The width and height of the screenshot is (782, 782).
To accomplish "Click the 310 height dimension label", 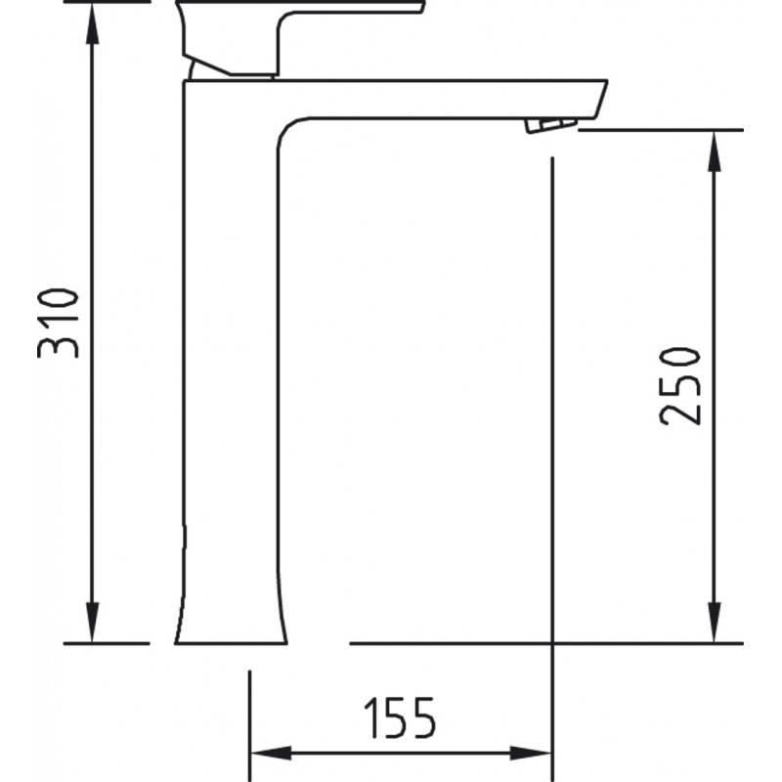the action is [59, 324].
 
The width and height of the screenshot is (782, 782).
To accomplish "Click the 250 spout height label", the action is [679, 386].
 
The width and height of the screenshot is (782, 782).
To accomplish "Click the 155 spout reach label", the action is [400, 718].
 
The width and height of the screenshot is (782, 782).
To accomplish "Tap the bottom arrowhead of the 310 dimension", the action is [92, 622].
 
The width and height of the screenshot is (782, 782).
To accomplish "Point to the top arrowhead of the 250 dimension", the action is [715, 152].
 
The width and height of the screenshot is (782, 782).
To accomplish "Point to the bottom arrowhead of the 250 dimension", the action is [715, 622].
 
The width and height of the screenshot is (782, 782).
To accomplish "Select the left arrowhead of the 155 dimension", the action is [271, 753].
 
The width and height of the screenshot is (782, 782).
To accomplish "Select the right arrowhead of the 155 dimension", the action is [531, 753].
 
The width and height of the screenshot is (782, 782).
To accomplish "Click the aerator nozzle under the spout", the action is [550, 125].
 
